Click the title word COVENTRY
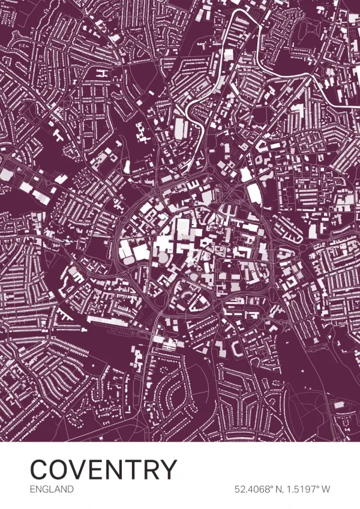(x=104, y=469)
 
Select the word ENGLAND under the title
(x=52, y=489)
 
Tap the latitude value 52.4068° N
(x=257, y=489)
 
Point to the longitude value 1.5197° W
(x=308, y=489)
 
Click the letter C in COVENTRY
(x=40, y=469)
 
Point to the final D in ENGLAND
(x=70, y=489)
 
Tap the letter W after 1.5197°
(x=326, y=489)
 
